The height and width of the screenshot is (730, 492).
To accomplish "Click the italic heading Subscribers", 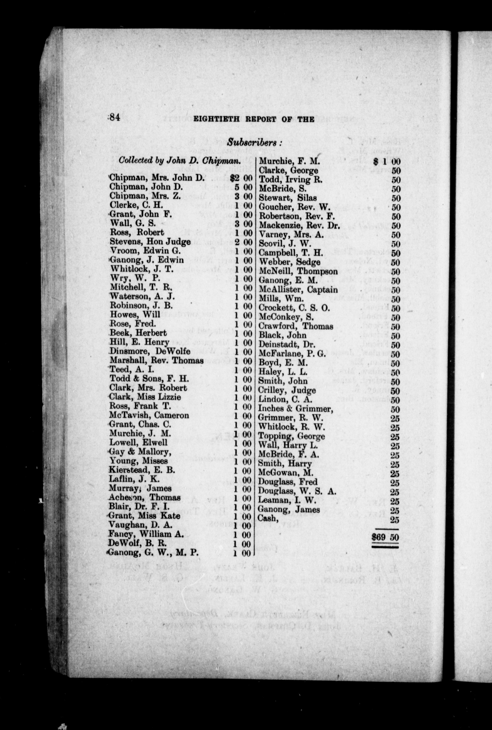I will pyautogui.click(x=254, y=142).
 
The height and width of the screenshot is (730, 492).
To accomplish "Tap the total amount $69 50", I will pyautogui.click(x=385, y=537).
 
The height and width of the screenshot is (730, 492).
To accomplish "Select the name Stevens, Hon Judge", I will pyautogui.click(x=150, y=242).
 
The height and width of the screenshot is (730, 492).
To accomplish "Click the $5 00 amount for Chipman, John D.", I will pyautogui.click(x=243, y=187).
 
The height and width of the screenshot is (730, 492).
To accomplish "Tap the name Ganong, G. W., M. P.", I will pyautogui.click(x=154, y=553).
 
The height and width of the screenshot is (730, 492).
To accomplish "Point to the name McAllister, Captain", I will pyautogui.click(x=298, y=289).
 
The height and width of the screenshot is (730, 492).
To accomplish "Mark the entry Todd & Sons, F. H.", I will pyautogui.click(x=149, y=379).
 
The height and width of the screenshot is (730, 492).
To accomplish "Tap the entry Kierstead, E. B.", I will pyautogui.click(x=141, y=470).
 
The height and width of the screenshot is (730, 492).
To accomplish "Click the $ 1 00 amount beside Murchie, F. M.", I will pyautogui.click(x=387, y=161).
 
